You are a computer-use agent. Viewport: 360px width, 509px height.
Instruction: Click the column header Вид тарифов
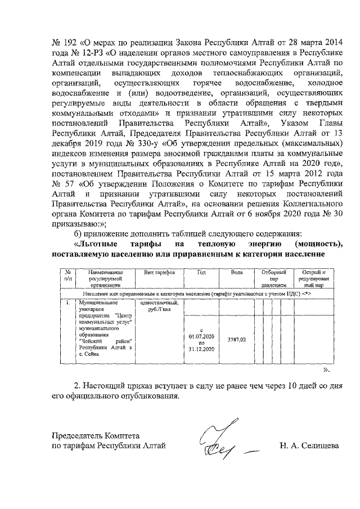[x=160, y=272]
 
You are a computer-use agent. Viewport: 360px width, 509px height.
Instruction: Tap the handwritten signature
[x=220, y=439]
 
